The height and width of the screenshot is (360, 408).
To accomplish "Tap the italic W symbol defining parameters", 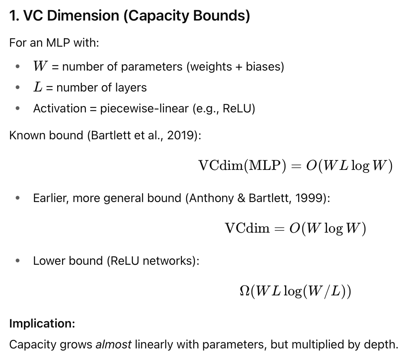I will click(40, 66).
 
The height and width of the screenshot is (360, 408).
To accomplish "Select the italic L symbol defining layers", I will click(38, 87).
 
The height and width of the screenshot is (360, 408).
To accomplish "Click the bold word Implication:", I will click(42, 323).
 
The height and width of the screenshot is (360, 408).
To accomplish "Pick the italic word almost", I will click(113, 344).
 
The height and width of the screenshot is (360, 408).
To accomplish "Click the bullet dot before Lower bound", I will click(18, 261).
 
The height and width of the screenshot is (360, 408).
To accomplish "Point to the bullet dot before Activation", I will click(18, 109).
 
